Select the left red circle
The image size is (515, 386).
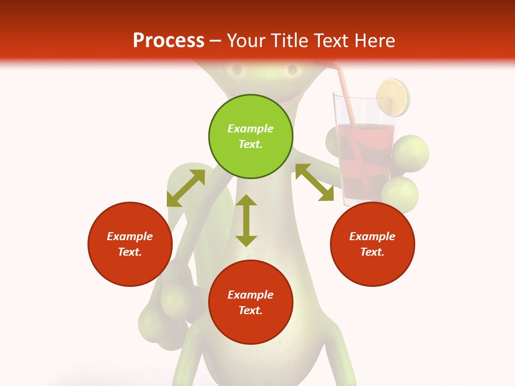tap(130, 244)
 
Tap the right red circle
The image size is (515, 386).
tap(372, 244)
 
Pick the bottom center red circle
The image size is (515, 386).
tap(251, 302)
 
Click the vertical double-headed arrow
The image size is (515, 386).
tap(246, 220)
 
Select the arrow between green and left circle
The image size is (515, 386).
tap(186, 188)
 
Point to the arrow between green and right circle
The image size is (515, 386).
tap(314, 182)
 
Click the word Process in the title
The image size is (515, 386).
tap(168, 40)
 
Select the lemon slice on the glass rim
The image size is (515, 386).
tap(393, 98)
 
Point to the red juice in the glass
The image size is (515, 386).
tap(365, 161)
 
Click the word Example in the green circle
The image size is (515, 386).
tap(251, 129)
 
